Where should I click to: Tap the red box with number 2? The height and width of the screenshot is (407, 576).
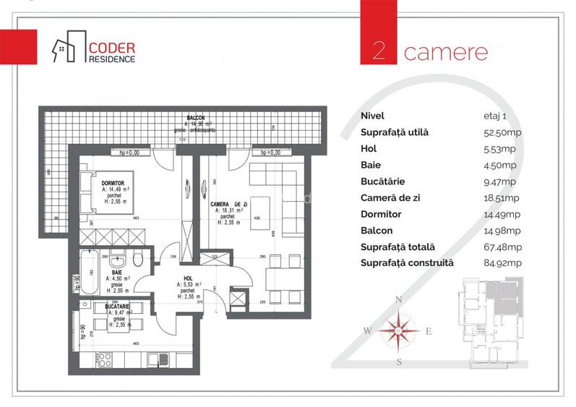[378, 51]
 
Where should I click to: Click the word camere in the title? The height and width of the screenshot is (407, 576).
[445, 52]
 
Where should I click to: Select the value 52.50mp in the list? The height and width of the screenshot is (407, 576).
[500, 132]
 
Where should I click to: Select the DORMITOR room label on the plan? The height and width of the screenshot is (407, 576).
[114, 184]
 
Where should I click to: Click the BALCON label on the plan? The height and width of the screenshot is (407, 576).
[194, 118]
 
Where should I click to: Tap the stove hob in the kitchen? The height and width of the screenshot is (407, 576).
[104, 357]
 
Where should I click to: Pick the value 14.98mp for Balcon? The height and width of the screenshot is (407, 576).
[501, 231]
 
